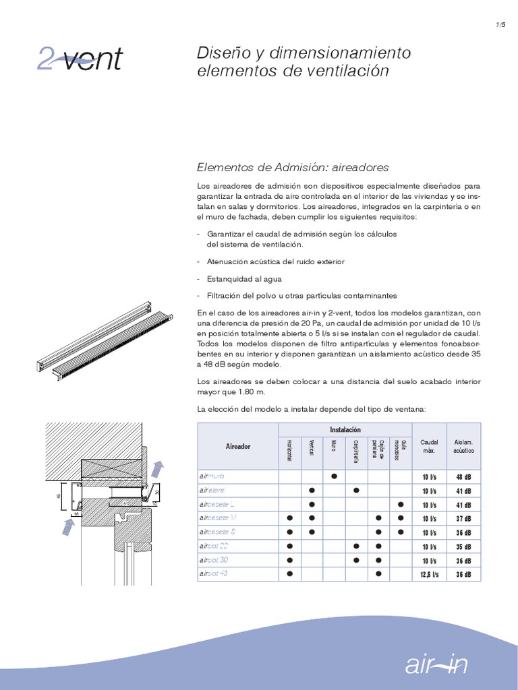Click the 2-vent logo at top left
coord(79,59)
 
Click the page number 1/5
coord(500,25)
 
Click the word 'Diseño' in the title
coord(219,53)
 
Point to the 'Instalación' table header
coord(345,429)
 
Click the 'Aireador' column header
coord(238,446)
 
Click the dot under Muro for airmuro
coord(334,476)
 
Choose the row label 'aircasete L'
coord(217,504)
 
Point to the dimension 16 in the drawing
coord(77,513)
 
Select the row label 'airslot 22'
coord(214,546)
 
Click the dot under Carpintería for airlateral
coord(356,491)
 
